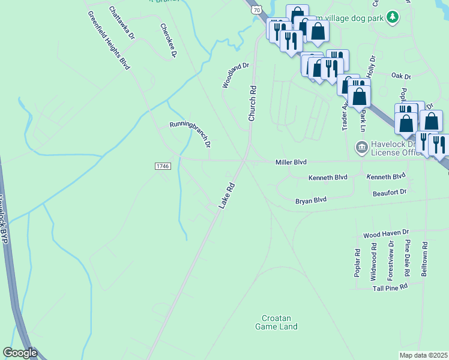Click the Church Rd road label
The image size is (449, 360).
click(x=253, y=103)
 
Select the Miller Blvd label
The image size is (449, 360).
click(x=291, y=162)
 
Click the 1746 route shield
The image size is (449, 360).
click(x=163, y=166)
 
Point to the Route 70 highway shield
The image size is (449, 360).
click(x=256, y=10)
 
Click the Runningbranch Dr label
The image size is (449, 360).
click(x=190, y=133)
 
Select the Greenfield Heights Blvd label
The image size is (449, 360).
click(x=109, y=40)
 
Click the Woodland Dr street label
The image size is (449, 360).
click(x=235, y=75)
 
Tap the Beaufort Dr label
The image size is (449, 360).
click(x=390, y=191)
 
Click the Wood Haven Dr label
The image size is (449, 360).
click(x=386, y=232)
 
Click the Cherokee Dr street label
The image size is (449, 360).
click(x=169, y=41)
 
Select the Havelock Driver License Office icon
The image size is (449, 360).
click(x=361, y=146)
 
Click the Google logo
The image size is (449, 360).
click(x=20, y=353)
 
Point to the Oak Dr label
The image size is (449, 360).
click(x=400, y=76)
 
